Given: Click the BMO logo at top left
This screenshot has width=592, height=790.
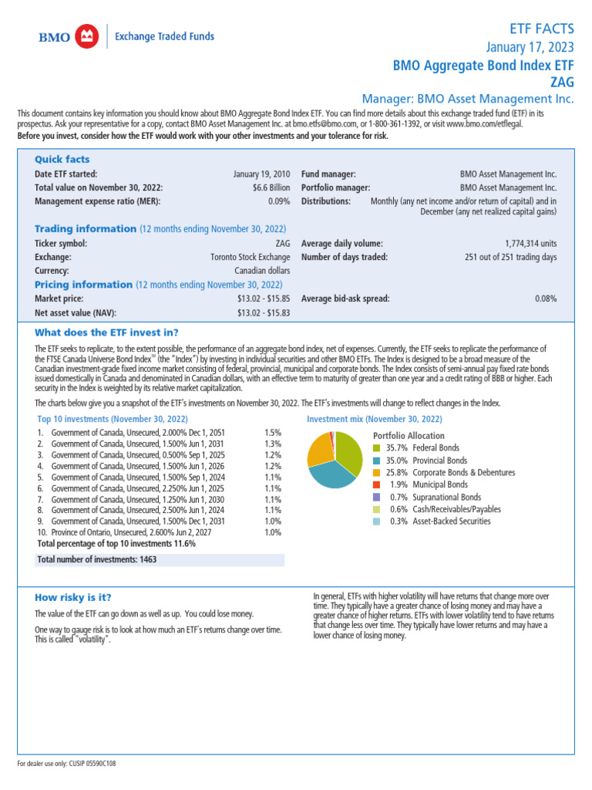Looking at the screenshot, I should coord(68,36).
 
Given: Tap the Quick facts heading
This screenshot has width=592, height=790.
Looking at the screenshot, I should coord(62,159).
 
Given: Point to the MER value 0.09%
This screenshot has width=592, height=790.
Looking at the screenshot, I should coord(279,201).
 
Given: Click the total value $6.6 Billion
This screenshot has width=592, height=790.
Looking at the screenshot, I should coord(271,187).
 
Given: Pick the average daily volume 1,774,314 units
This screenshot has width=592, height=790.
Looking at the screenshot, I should coord(530,243).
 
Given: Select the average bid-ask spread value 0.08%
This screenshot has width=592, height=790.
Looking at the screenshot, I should coord(546,299).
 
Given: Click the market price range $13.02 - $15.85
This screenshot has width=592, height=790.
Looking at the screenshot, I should coord(264,299).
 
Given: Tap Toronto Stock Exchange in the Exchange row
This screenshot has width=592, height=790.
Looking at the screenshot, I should coord(251,257).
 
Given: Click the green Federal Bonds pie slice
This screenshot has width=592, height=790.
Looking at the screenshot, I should coord(348,452).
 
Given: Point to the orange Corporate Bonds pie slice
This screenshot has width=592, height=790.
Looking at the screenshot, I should coord(318,448).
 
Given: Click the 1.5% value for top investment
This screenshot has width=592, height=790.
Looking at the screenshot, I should coord(273,434).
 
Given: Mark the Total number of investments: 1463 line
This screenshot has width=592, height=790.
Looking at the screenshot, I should coord(96,559).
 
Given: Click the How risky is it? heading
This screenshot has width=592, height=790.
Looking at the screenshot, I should coord(72,597).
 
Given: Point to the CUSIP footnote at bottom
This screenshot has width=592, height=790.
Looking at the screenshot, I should coord(67,763).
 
